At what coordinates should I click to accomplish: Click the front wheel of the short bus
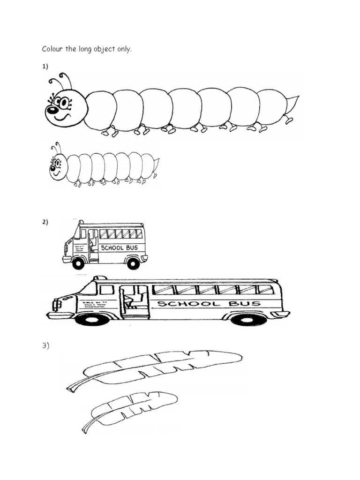click(78, 263)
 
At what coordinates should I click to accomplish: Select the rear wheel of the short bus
click(133, 263)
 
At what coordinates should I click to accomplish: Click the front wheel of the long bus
click(92, 320)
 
